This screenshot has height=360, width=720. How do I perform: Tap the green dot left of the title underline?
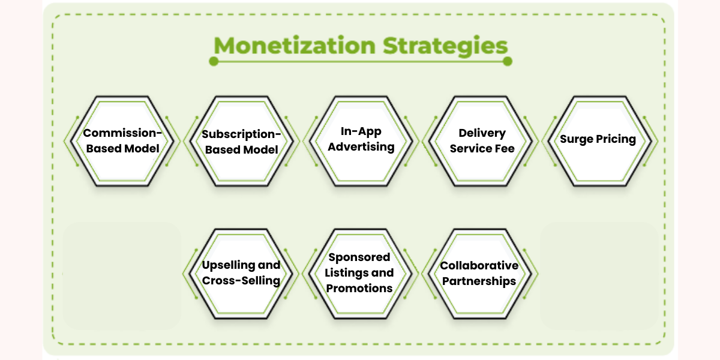point(213,61)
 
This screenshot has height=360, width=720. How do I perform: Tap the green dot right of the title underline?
point(508,61)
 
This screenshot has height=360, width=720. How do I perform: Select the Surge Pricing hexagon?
point(598,140)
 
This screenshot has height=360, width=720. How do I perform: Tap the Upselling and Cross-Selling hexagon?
point(241,274)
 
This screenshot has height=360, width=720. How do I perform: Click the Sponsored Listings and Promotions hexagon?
point(360,274)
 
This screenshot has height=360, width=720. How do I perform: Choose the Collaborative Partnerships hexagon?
point(479,274)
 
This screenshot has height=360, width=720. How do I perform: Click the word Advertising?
point(361,147)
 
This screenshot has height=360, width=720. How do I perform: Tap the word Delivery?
point(482,133)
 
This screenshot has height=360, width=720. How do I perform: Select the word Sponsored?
point(359,257)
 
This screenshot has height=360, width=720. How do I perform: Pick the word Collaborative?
point(479,266)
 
